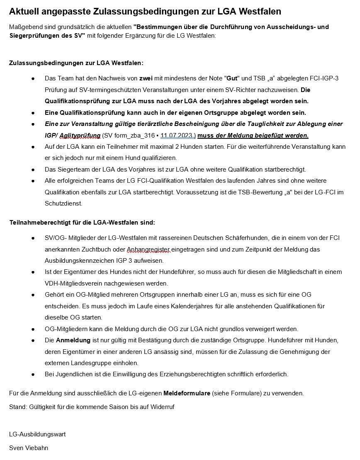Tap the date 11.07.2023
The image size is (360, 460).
pos(178,136)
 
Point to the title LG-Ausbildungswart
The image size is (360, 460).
pos(37,434)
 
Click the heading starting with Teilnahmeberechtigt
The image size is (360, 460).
pos(82,223)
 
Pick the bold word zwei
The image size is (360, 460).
pos(146,78)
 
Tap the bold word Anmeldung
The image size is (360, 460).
pos(73,340)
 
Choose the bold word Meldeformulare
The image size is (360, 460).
pos(187,393)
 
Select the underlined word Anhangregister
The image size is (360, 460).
pos(149,249)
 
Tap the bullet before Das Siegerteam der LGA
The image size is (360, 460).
pos(33,169)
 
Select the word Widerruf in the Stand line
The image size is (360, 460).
pos(162,407)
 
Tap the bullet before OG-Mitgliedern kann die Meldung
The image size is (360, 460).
pos(33,329)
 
